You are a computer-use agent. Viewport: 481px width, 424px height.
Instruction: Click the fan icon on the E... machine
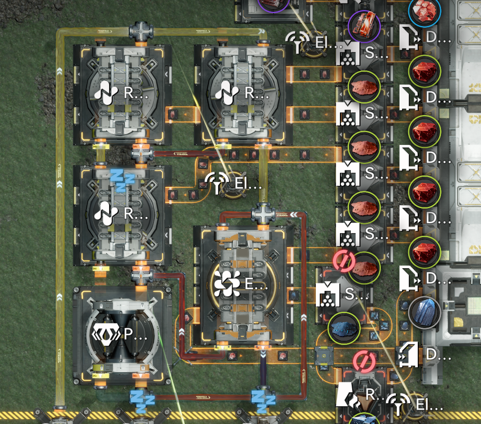tap(227, 284)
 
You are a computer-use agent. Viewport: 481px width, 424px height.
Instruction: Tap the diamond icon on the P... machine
tap(106, 335)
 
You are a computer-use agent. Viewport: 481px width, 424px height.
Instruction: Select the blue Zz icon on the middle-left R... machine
tap(122, 180)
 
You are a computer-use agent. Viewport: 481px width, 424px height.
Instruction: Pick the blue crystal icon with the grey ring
tap(424, 312)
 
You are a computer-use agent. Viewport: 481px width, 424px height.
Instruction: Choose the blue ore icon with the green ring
tap(344, 327)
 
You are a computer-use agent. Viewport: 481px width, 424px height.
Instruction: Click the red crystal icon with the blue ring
tap(424, 12)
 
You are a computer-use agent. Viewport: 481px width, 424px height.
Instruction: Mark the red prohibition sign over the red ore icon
tap(344, 261)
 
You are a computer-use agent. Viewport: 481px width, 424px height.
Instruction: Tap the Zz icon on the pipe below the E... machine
tap(263, 399)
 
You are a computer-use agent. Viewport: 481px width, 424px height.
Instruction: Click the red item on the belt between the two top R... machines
tap(173, 114)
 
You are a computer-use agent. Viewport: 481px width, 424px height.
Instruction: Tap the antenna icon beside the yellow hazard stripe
tap(397, 404)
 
